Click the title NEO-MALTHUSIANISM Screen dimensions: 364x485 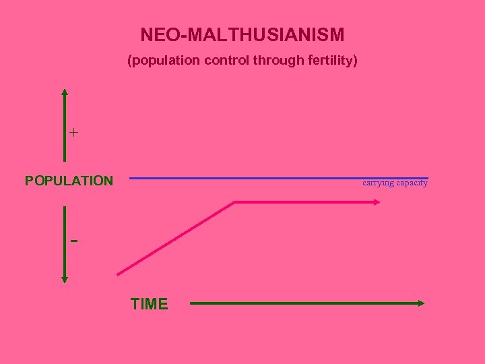pyautogui.click(x=243, y=34)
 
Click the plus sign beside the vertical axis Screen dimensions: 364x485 pyautogui.click(x=73, y=133)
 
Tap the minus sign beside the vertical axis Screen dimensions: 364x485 pyautogui.click(x=73, y=241)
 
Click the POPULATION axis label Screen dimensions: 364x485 pyautogui.click(x=69, y=181)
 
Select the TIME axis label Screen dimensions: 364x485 pyautogui.click(x=150, y=304)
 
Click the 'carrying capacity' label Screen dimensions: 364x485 pyautogui.click(x=395, y=183)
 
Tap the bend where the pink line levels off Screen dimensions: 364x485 pyautogui.click(x=234, y=202)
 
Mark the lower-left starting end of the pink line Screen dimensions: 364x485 pyautogui.click(x=119, y=274)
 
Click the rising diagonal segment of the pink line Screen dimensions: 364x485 pyautogui.click(x=176, y=238)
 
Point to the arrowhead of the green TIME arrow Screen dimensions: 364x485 pyautogui.click(x=422, y=303)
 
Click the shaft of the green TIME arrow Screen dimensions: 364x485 pyautogui.click(x=303, y=303)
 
